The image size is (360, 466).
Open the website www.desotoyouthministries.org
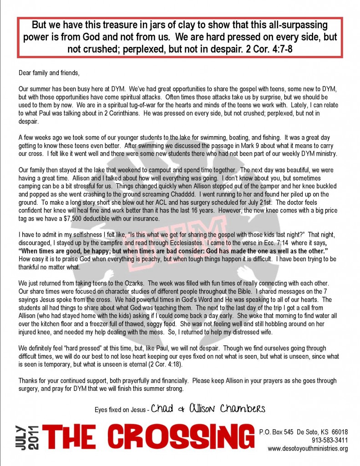click(308, 449)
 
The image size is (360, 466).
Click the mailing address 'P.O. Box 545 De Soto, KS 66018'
click(303, 432)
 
